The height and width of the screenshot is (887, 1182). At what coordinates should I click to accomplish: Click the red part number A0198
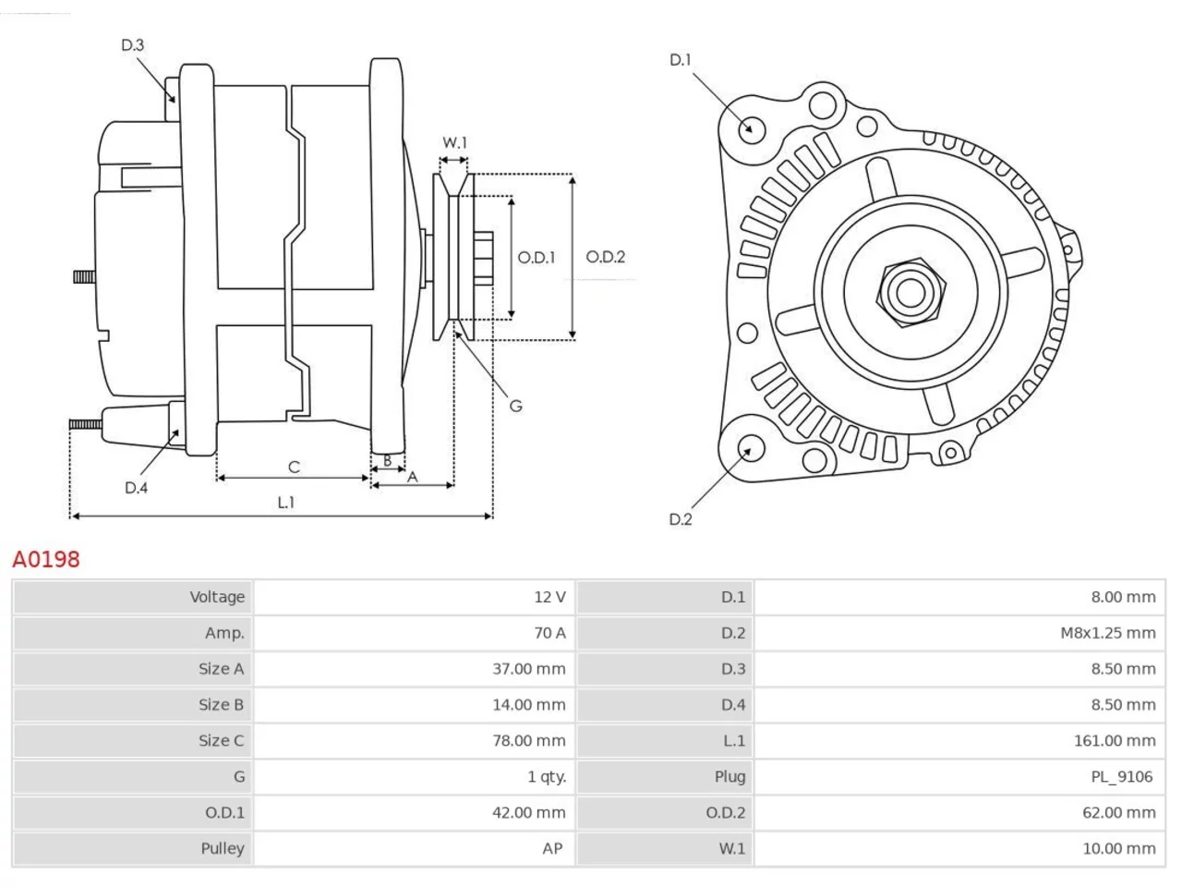(46, 560)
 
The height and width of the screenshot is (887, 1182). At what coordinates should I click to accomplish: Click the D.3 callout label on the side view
(132, 45)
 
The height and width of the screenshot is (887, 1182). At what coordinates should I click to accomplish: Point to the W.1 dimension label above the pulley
(454, 142)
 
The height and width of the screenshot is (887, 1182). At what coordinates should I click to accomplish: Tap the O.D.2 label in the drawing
(605, 257)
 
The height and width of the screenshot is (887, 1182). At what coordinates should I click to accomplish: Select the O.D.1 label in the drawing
(536, 258)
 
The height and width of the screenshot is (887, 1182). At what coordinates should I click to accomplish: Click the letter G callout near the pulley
(515, 406)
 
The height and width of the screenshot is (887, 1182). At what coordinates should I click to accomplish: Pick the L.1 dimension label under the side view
(286, 503)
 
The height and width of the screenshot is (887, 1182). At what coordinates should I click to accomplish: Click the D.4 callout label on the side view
(136, 488)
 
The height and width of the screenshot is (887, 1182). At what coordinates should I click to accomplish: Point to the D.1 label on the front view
(681, 60)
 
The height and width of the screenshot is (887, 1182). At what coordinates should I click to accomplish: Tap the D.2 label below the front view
(681, 519)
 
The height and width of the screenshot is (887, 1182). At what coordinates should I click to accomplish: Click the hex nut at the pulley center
(911, 293)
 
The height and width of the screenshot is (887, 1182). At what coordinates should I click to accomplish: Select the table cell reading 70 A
(549, 633)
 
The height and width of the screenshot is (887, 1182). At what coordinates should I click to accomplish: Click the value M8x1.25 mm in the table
(1108, 633)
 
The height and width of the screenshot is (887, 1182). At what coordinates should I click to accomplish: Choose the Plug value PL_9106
(1122, 777)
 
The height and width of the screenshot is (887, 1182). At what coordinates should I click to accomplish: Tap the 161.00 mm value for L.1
(1115, 740)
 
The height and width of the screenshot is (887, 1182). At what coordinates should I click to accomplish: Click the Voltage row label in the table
(217, 597)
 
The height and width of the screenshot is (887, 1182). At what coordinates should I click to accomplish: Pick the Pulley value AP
(552, 849)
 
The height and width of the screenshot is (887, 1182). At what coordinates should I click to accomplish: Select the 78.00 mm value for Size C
(529, 740)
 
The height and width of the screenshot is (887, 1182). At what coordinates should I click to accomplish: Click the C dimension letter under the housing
(294, 467)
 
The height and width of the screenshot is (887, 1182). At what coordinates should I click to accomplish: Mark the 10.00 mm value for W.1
(1119, 849)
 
